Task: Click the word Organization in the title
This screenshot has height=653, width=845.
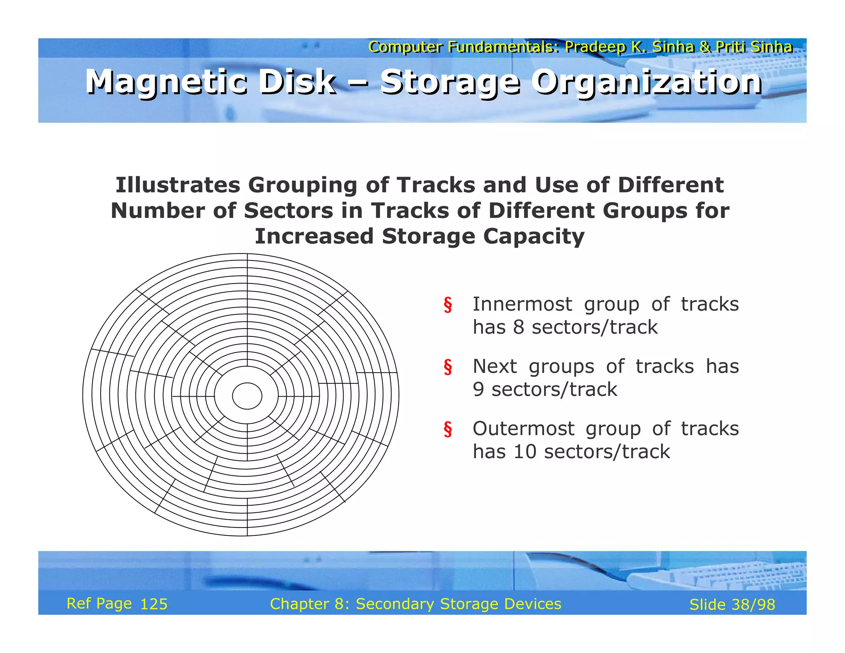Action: coord(646,82)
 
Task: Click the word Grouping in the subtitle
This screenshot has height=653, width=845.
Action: coord(302,185)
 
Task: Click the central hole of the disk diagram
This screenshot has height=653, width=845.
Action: coord(247,396)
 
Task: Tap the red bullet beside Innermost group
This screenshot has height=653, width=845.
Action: coord(448,305)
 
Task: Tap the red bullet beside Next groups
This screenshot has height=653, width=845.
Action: coord(448,367)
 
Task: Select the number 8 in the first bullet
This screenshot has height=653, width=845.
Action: coord(518,327)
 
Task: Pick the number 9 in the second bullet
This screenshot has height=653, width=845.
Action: coord(478,390)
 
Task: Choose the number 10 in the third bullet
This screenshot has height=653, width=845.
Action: coord(525,452)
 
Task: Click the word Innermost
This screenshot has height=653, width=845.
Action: coord(522,304)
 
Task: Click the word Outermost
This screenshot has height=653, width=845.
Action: coord(523,428)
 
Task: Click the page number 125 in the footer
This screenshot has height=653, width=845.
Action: coord(154,604)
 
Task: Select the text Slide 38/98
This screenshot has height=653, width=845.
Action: coord(732,605)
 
